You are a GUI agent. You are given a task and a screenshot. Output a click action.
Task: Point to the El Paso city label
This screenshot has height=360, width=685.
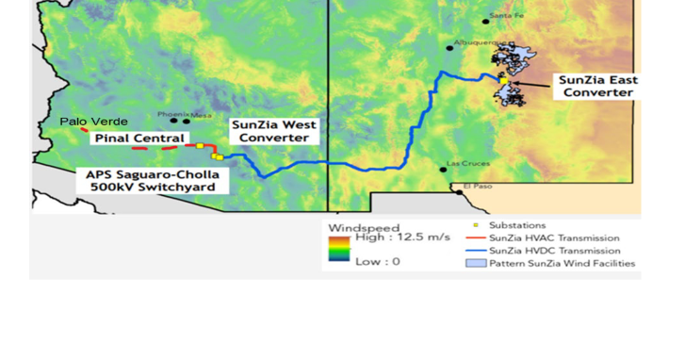coord(477,188)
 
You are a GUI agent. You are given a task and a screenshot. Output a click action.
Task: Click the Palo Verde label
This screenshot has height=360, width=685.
coord(93,122)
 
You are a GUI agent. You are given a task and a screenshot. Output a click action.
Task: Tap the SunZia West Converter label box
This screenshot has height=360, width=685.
coord(273,131)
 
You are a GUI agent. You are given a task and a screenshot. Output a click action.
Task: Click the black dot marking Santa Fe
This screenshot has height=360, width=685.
coord(486,21)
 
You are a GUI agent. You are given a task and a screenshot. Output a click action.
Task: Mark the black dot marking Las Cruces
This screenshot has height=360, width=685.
coord(443,170)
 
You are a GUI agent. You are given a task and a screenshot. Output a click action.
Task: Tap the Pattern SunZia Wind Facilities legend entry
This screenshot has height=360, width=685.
coord(554,264)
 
